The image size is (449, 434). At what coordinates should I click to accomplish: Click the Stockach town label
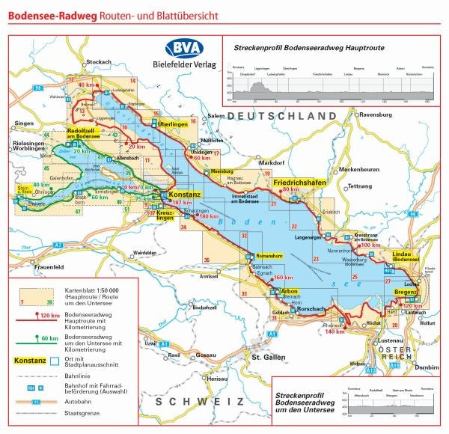99,62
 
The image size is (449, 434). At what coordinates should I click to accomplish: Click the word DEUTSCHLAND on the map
283,116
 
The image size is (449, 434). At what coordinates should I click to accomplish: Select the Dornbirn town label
427,367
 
